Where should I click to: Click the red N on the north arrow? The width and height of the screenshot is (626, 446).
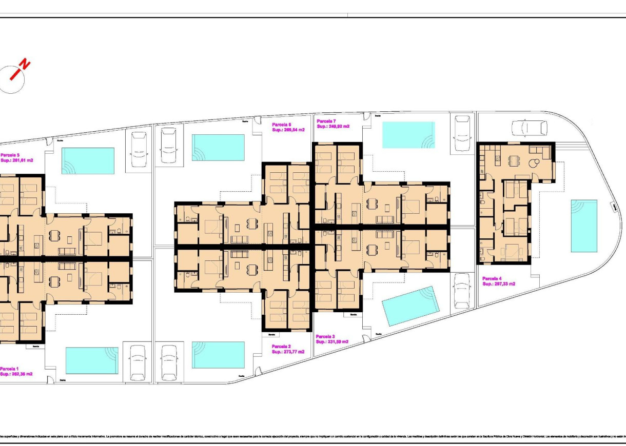[24, 65]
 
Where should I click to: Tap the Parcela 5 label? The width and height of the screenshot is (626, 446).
[10, 155]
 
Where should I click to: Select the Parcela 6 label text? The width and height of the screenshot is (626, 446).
[282, 125]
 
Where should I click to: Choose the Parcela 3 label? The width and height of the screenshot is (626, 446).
[326, 337]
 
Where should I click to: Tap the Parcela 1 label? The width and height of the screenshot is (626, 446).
[10, 369]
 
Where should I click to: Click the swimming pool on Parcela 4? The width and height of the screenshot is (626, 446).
[584, 226]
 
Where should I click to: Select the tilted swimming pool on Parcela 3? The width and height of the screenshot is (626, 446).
[411, 306]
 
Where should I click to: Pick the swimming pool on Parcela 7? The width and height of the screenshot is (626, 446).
[408, 135]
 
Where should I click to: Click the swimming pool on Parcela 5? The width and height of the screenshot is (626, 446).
[88, 161]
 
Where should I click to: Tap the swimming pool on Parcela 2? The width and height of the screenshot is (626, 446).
[218, 355]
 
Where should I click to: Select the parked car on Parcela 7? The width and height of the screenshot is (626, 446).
[462, 133]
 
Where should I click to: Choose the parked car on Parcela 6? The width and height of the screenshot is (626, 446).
[168, 145]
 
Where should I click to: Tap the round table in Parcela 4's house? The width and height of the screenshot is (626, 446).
[536, 163]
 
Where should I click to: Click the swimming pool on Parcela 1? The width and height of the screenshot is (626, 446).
[92, 360]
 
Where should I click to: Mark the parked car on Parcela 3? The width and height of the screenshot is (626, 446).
[462, 291]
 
